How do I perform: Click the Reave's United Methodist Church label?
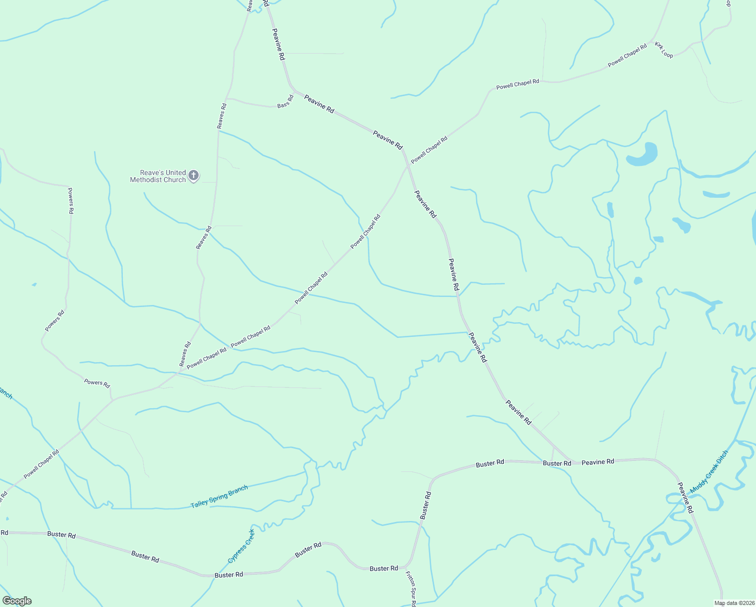158,176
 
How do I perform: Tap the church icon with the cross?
193,176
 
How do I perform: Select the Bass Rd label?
286,102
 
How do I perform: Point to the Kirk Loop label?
664,50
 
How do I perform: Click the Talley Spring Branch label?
219,497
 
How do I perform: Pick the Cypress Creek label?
241,546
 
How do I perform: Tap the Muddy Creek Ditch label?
709,472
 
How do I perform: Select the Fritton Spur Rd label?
410,589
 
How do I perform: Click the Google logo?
17,601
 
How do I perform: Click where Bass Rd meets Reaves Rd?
226,98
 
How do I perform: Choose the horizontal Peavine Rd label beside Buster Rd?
597,462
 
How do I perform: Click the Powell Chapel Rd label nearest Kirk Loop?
627,56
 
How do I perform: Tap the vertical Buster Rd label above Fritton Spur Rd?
425,505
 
